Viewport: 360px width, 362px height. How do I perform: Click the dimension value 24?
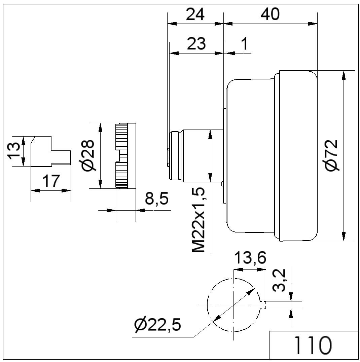tap(195, 14)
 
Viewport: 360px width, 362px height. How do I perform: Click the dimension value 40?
tap(270, 14)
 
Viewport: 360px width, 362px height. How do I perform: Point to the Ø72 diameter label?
tap(332, 155)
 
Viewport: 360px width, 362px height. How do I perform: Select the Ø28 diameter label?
tap(87, 155)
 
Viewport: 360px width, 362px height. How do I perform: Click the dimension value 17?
tap(51, 181)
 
